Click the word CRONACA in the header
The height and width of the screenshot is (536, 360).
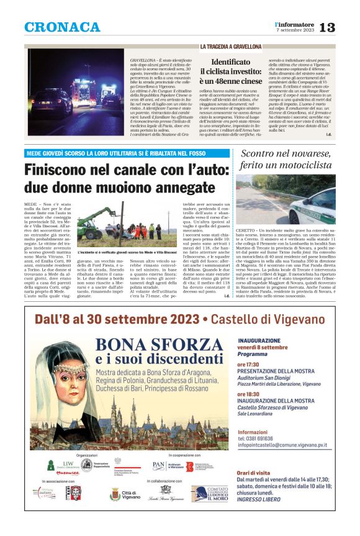coord(62,27)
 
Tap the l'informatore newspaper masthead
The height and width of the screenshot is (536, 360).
coord(294,24)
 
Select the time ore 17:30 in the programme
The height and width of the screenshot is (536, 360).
coord(249,364)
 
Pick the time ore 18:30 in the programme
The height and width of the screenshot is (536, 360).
coord(249,394)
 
